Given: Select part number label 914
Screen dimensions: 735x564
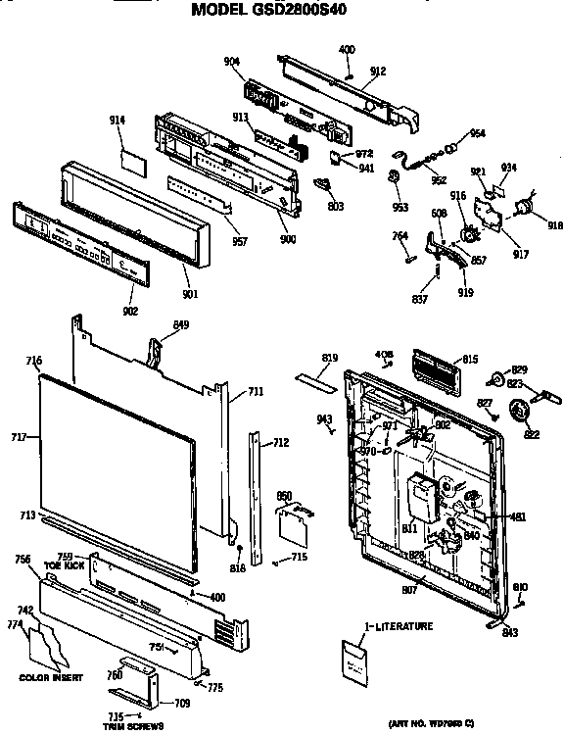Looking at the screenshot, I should coord(117,120).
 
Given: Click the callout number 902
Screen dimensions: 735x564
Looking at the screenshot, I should coord(131,311).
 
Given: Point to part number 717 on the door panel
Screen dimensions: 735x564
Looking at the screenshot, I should coord(18,437).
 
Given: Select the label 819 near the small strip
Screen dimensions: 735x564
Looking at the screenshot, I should coord(330,358).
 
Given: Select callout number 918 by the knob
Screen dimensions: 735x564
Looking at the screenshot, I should coord(555,225).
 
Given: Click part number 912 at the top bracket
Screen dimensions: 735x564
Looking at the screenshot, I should coord(377,71).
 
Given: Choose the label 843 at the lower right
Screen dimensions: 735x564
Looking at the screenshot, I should coord(510,632).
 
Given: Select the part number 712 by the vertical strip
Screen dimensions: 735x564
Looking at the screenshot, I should coord(280,443).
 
